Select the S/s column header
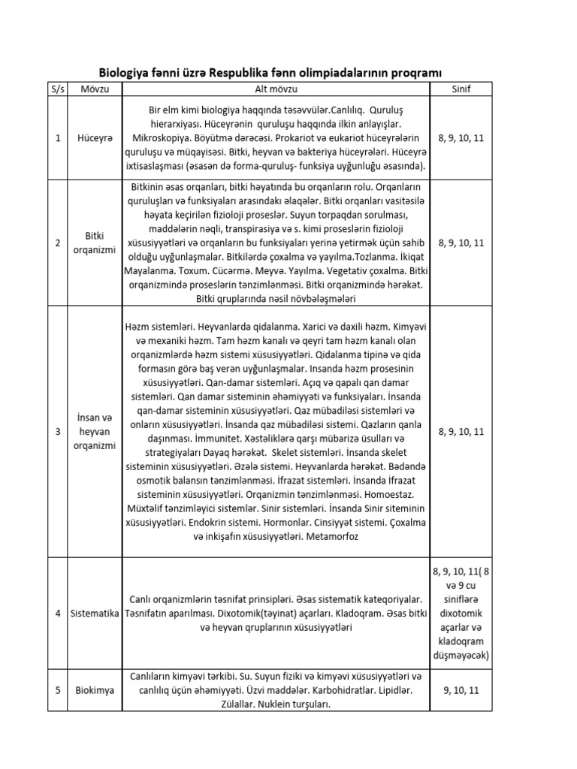58,89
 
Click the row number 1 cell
58,138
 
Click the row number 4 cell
58,614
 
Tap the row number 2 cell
58,243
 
